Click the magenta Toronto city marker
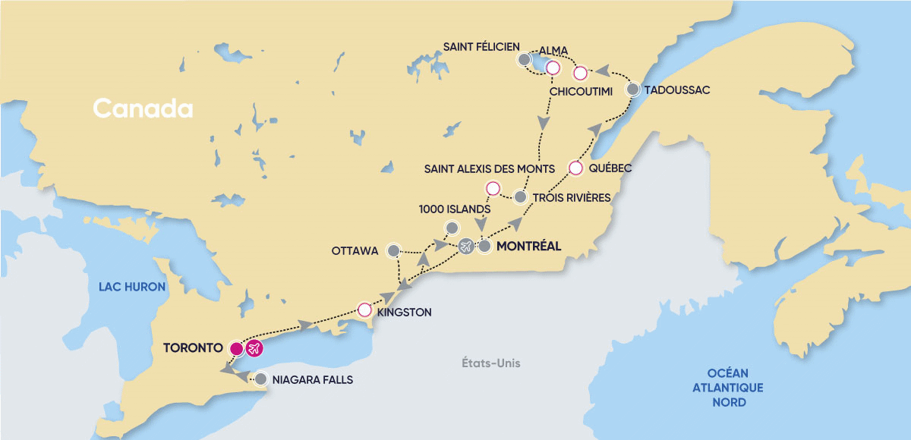pyautogui.click(x=236, y=348)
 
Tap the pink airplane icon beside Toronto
pyautogui.click(x=254, y=348)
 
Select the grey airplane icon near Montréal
pyautogui.click(x=466, y=246)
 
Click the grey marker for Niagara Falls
pyautogui.click(x=261, y=379)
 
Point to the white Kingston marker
pyautogui.click(x=364, y=310)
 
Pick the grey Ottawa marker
pyautogui.click(x=393, y=250)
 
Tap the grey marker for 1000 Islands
pyautogui.click(x=452, y=228)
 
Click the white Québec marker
pyautogui.click(x=575, y=168)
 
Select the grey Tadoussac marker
pyautogui.click(x=632, y=90)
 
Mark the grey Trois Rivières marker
pyautogui.click(x=520, y=196)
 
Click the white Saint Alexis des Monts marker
pyautogui.click(x=492, y=188)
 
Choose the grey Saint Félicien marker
pyautogui.click(x=523, y=59)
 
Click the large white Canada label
pyautogui.click(x=143, y=108)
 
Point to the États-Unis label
pyautogui.click(x=492, y=363)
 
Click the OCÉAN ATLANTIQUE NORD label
pyautogui.click(x=728, y=387)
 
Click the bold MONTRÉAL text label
pyautogui.click(x=528, y=246)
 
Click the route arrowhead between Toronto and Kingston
pyautogui.click(x=305, y=325)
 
